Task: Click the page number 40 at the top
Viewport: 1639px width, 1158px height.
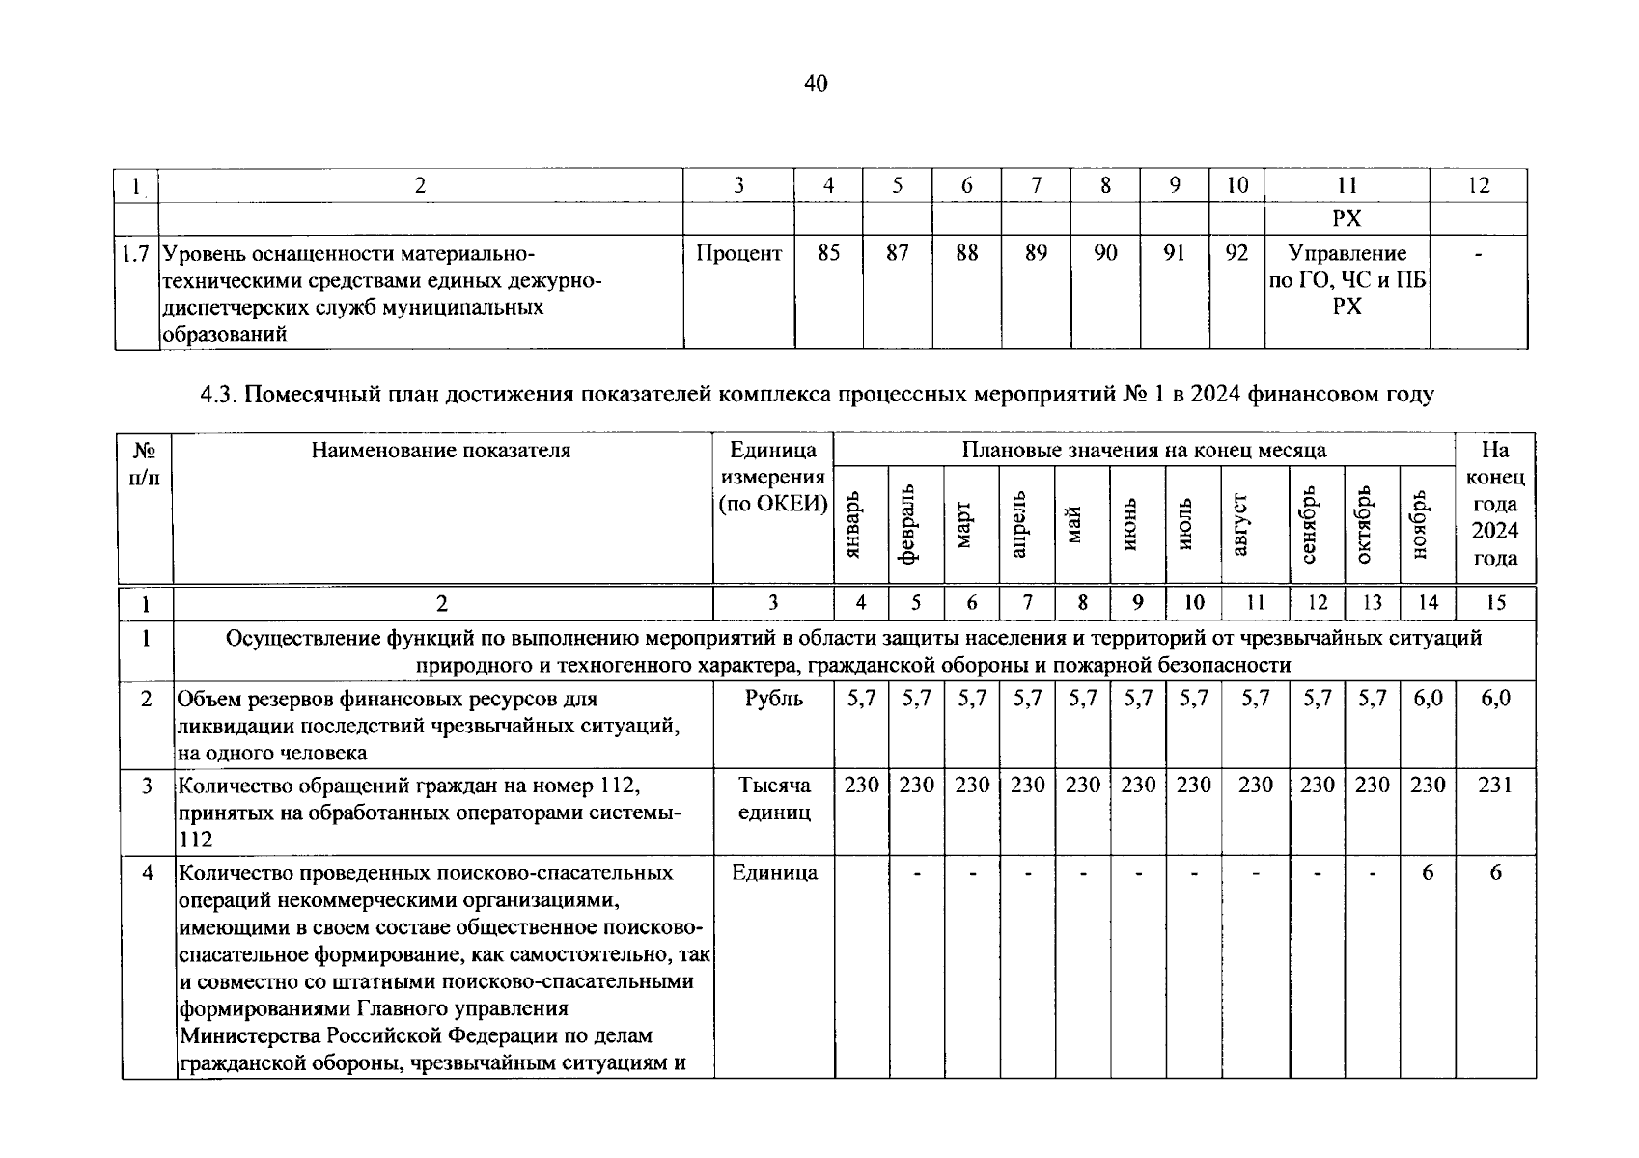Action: tap(816, 84)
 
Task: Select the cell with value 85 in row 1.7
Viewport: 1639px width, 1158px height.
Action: tap(828, 253)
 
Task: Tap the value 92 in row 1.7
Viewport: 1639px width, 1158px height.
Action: tap(1236, 253)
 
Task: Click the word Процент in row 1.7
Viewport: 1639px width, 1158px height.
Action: tap(738, 253)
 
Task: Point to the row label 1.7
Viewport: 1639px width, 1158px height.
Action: tap(136, 254)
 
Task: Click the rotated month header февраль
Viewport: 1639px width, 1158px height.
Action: tap(915, 526)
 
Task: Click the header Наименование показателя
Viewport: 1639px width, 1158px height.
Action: tap(441, 450)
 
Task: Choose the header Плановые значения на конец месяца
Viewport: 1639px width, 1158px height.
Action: tap(1144, 450)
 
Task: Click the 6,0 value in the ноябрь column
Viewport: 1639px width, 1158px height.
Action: tap(1428, 698)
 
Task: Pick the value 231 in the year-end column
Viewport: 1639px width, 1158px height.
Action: tap(1494, 785)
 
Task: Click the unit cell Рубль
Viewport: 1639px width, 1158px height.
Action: tap(773, 698)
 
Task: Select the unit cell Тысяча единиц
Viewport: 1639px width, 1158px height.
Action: tap(773, 798)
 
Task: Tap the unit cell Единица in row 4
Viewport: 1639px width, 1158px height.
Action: tap(773, 872)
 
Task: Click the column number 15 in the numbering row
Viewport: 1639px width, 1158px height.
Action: tap(1495, 603)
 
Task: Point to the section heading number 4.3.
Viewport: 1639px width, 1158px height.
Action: tap(218, 395)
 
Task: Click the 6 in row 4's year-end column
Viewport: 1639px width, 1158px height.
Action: tap(1495, 872)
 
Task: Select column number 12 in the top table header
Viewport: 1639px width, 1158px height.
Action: tap(1478, 185)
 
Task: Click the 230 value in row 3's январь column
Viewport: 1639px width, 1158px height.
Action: tap(861, 785)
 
